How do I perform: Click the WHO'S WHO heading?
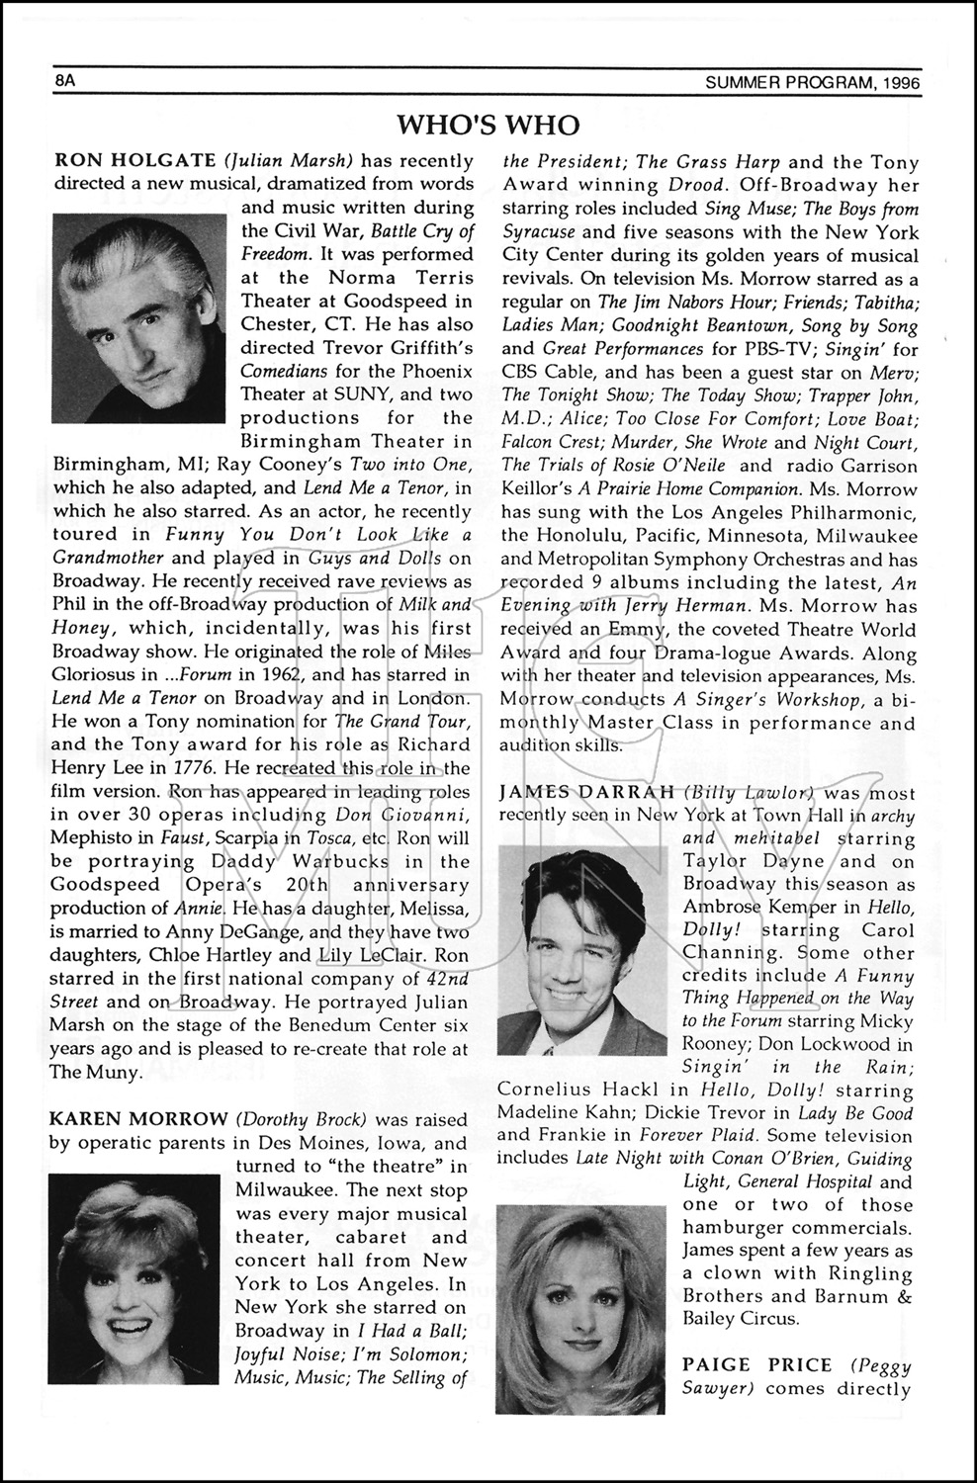(488, 125)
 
